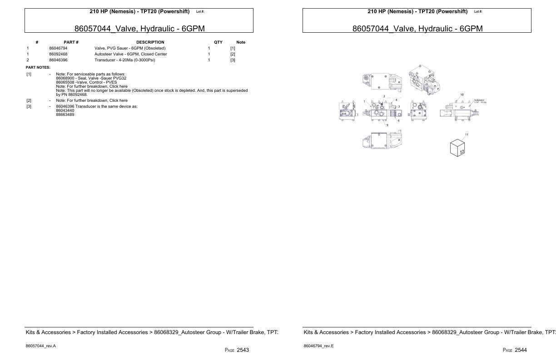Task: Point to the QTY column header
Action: (218, 42)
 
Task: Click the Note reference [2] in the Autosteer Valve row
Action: (233, 54)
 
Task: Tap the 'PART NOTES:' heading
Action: (38, 67)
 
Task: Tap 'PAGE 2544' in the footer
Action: (515, 350)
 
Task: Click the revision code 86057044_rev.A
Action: (41, 346)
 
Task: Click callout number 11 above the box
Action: (467, 135)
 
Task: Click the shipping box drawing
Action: (457, 148)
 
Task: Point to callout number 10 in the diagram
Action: (462, 95)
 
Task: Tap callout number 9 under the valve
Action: (387, 125)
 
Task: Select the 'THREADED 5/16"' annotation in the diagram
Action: (480, 101)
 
